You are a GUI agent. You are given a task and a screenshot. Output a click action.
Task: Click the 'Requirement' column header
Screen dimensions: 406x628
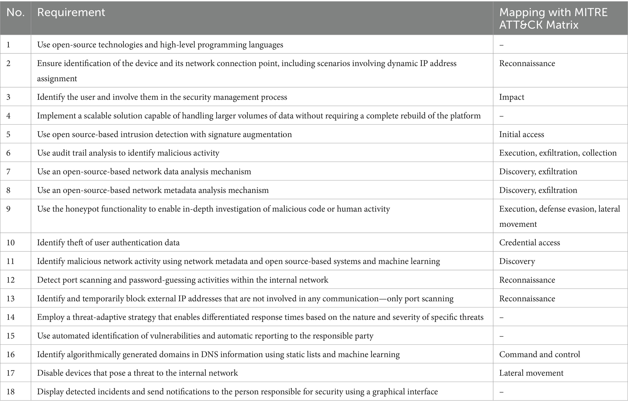coord(71,12)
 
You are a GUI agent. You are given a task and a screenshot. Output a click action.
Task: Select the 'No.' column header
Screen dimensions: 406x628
coord(15,12)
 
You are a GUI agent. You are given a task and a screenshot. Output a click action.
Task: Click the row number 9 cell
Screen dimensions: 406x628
coord(9,209)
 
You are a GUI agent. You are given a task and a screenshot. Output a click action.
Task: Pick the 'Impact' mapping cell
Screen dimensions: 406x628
coord(512,97)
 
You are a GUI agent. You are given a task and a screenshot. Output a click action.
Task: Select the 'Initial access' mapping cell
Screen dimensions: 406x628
coord(521,134)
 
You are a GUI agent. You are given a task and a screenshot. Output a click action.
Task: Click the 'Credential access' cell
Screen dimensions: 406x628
coord(530,243)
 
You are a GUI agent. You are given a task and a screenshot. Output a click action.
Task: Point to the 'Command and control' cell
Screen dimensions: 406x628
coord(540,354)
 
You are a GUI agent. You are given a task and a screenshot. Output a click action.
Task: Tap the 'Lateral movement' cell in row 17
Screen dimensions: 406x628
coord(531,373)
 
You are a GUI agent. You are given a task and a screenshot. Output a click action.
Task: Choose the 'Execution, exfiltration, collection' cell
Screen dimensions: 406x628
coord(558,153)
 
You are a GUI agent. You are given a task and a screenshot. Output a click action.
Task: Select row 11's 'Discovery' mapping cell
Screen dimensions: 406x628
coord(517,261)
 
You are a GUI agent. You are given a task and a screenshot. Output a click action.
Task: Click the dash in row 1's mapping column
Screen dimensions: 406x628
coord(501,45)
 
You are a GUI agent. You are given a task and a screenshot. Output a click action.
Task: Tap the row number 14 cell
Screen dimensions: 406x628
coord(11,317)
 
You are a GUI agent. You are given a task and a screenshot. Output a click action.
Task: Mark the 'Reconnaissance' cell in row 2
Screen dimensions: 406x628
coord(527,63)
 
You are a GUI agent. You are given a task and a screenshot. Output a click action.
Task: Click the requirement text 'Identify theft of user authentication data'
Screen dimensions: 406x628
coord(108,243)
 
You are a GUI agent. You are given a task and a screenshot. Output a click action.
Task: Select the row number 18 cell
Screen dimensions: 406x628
coord(11,392)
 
